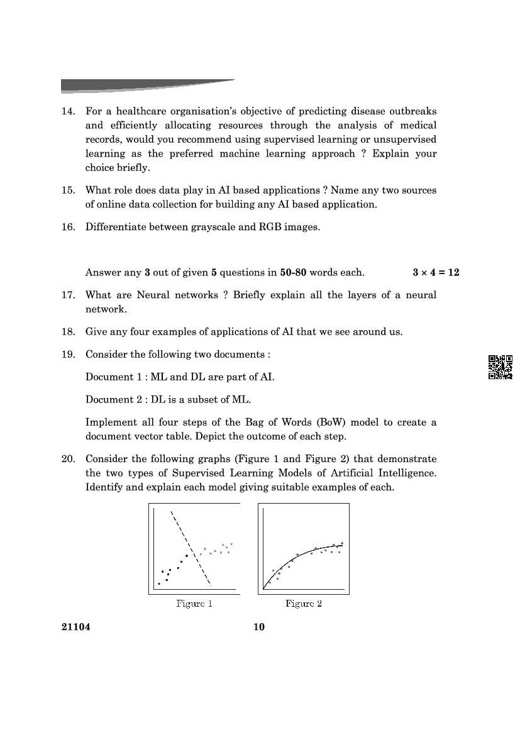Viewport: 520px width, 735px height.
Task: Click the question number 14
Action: tap(67, 111)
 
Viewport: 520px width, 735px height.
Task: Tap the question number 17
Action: tap(67, 295)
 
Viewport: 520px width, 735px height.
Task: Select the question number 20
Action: tap(67, 459)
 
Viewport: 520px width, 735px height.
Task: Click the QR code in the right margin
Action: tap(501, 367)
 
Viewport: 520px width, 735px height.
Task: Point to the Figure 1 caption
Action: tap(194, 604)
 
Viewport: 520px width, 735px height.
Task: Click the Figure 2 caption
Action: tap(304, 604)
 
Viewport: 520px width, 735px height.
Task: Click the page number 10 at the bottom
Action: tap(259, 627)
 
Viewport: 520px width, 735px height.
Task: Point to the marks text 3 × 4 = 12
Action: tap(436, 272)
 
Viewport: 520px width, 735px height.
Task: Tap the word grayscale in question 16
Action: tap(214, 227)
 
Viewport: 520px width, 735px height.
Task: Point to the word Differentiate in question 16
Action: tap(115, 227)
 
